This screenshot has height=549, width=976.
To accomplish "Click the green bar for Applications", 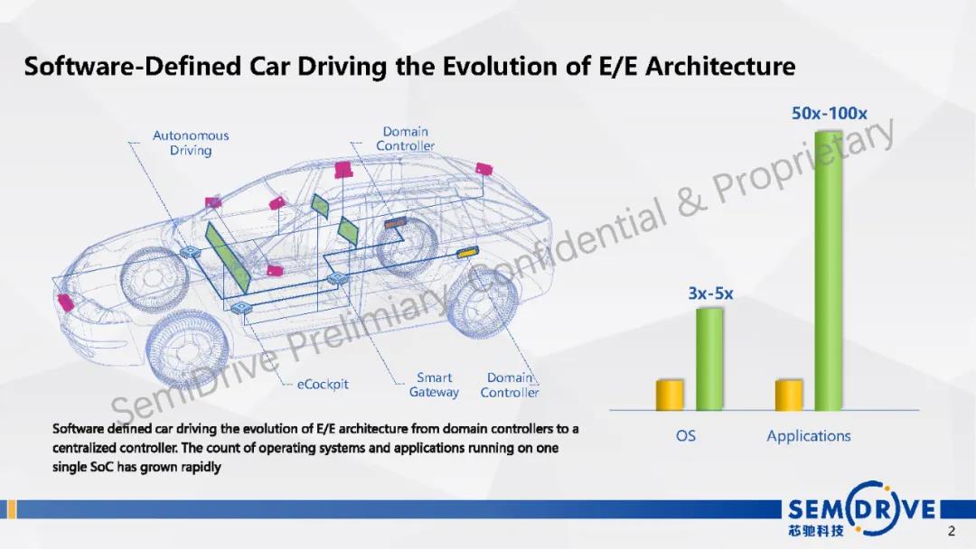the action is [x=829, y=271].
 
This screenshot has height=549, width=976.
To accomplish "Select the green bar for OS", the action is [x=709, y=358].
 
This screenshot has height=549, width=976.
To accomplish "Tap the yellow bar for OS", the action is [x=670, y=395].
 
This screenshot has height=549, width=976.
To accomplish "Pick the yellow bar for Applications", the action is [x=789, y=395].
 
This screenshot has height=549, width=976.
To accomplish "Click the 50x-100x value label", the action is [x=829, y=113].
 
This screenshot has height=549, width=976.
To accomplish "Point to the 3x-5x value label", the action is [x=710, y=293].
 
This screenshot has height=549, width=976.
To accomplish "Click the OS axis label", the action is [x=685, y=436].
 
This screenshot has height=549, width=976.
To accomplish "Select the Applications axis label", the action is [x=809, y=436].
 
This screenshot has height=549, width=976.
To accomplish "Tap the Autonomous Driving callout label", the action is [x=191, y=143].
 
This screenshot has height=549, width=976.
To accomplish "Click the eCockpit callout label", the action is [x=323, y=385].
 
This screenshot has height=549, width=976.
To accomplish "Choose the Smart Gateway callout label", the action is [x=434, y=385].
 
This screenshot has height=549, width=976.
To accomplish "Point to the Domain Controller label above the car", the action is [x=405, y=139].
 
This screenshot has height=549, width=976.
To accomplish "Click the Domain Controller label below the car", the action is [x=509, y=385].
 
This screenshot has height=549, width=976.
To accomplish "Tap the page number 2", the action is [x=951, y=531].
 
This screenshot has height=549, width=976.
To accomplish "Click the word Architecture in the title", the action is [x=720, y=66].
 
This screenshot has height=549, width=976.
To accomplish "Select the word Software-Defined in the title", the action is [x=133, y=66].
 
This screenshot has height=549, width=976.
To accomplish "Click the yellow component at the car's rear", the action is [x=467, y=253].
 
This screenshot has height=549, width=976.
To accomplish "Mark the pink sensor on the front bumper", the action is [x=66, y=302].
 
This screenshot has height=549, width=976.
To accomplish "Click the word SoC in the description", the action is [x=102, y=467].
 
